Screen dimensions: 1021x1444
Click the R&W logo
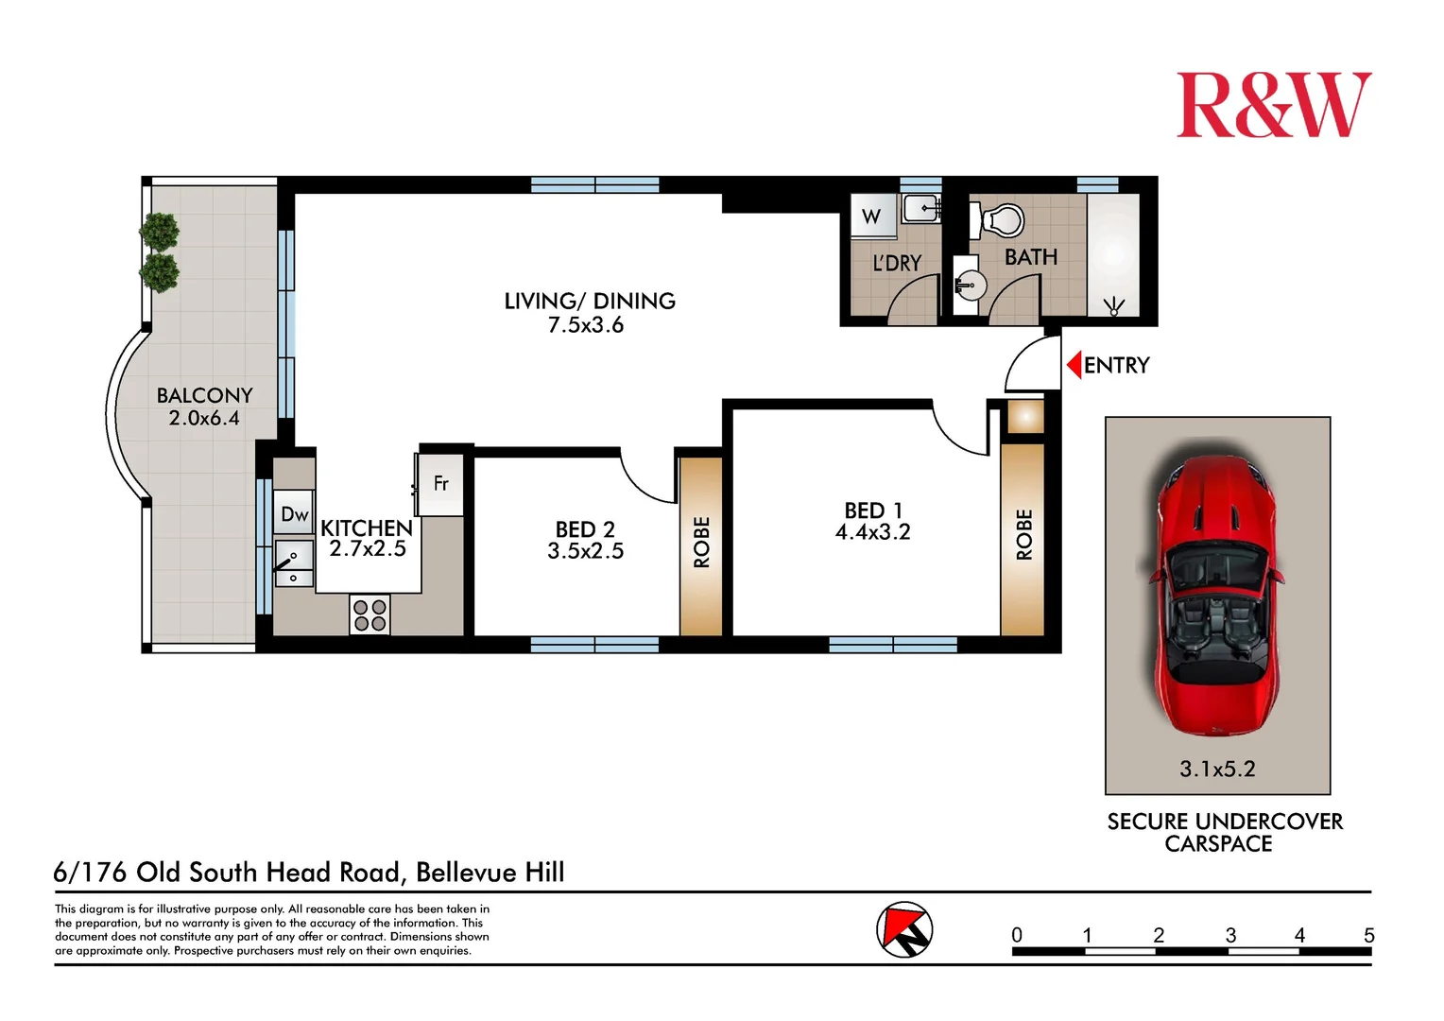tap(1273, 106)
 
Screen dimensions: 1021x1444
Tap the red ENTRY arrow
tap(1074, 365)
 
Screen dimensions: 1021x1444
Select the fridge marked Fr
tap(440, 484)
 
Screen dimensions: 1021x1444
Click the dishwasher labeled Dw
tap(294, 514)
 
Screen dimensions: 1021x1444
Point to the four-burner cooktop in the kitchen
tap(370, 614)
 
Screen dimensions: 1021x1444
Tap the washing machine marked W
tap(870, 216)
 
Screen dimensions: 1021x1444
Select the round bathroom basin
tap(968, 284)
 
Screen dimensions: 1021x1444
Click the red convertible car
tap(1218, 596)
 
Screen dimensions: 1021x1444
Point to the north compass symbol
tap(904, 930)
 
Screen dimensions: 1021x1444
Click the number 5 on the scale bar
tap(1368, 935)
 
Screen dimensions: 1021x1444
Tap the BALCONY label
tap(204, 395)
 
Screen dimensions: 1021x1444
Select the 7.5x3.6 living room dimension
tap(586, 325)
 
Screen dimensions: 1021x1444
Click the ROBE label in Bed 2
tap(701, 543)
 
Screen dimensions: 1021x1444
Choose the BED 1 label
tap(872, 510)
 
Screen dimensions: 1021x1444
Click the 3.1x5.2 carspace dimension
tap(1217, 770)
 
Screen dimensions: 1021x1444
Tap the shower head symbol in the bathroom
tap(1114, 305)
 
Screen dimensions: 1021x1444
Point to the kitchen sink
tap(294, 563)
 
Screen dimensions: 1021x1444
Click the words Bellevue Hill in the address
tap(490, 872)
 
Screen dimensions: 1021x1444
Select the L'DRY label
tap(896, 264)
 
